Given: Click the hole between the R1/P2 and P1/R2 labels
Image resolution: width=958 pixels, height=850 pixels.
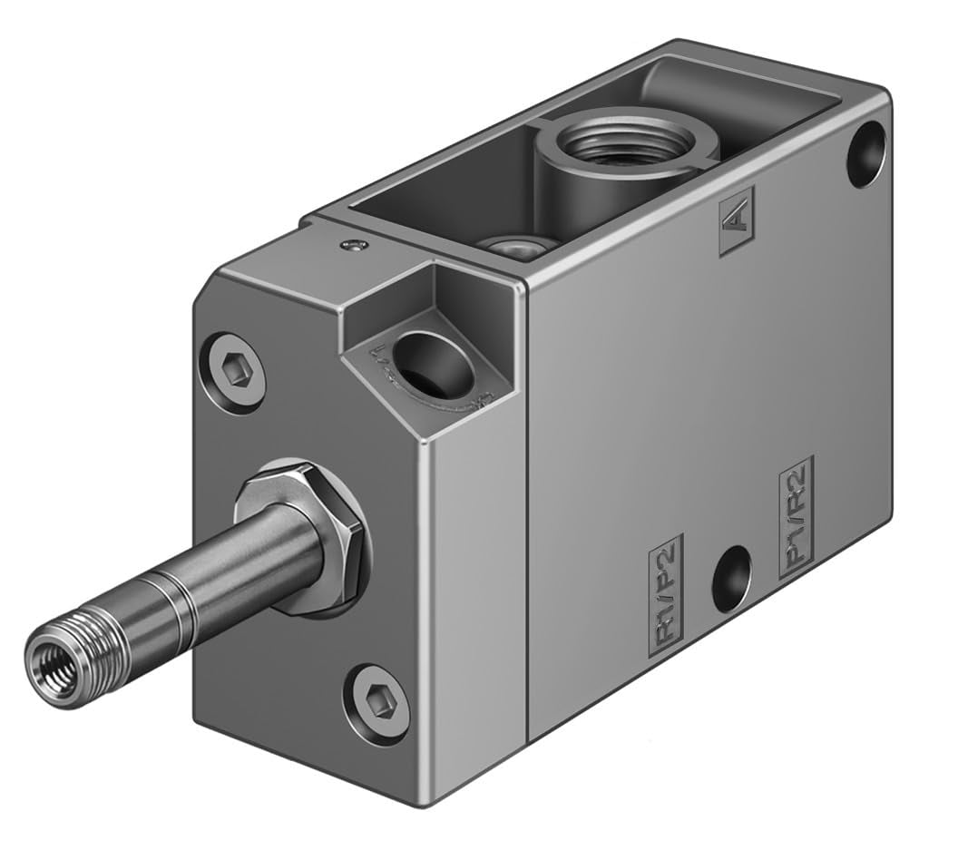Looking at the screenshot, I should (730, 578).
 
